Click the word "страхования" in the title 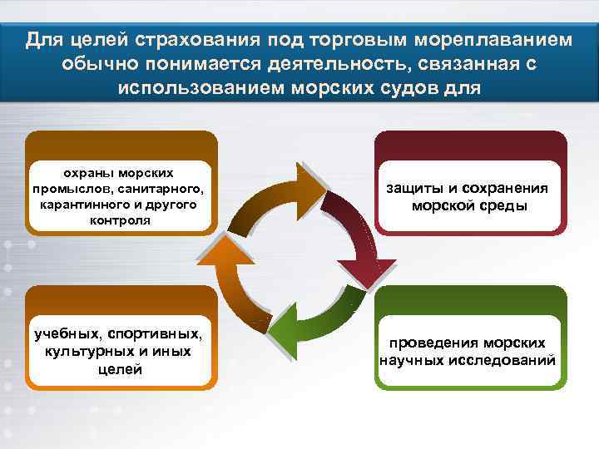[x=184, y=40]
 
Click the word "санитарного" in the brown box [x=166, y=189]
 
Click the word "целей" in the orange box [x=120, y=368]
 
